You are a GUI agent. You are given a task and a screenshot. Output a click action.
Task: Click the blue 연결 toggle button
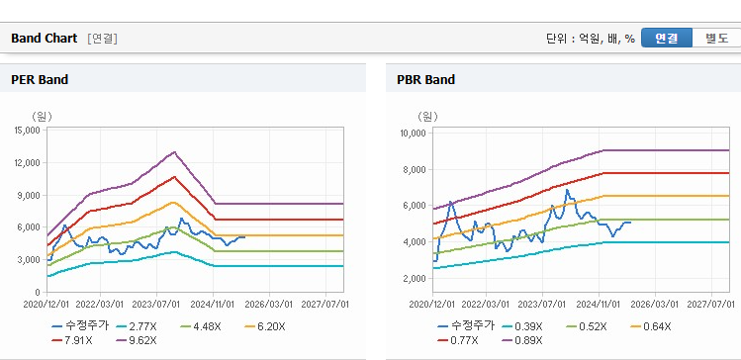click(x=667, y=39)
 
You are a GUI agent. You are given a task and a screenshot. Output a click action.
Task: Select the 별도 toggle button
click(x=716, y=39)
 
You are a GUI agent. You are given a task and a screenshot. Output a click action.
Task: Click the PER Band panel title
click(x=40, y=80)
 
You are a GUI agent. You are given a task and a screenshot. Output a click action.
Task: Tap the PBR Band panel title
click(x=425, y=80)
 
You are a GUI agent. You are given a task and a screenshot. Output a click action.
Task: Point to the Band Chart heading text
click(x=44, y=39)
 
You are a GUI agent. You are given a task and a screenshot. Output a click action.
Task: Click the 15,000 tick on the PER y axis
click(x=28, y=130)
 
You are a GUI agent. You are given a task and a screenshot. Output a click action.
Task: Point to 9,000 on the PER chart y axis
click(x=30, y=195)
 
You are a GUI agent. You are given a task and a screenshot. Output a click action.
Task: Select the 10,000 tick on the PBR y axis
click(x=414, y=134)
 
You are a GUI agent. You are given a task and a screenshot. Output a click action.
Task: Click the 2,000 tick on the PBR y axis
click(x=416, y=279)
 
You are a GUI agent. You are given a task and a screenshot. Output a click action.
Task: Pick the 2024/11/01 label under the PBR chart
click(x=599, y=305)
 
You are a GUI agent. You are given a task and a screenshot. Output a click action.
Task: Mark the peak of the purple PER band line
click(x=174, y=152)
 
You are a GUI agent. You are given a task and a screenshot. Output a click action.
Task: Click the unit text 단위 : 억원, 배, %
click(x=591, y=39)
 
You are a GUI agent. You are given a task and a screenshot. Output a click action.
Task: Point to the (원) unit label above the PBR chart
click(x=427, y=116)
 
